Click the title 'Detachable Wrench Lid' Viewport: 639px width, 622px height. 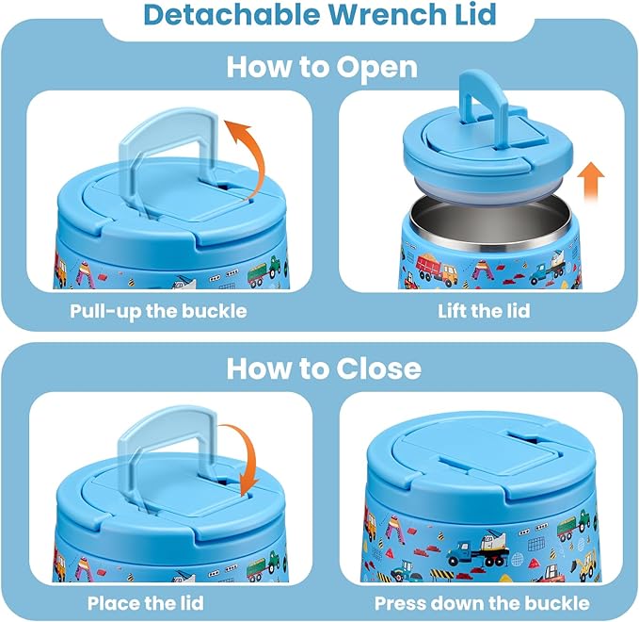(x=318, y=16)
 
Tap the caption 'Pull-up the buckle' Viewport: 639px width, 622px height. (x=158, y=311)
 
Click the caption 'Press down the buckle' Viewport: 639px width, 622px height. (x=481, y=602)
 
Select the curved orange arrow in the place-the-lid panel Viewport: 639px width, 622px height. (x=246, y=458)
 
